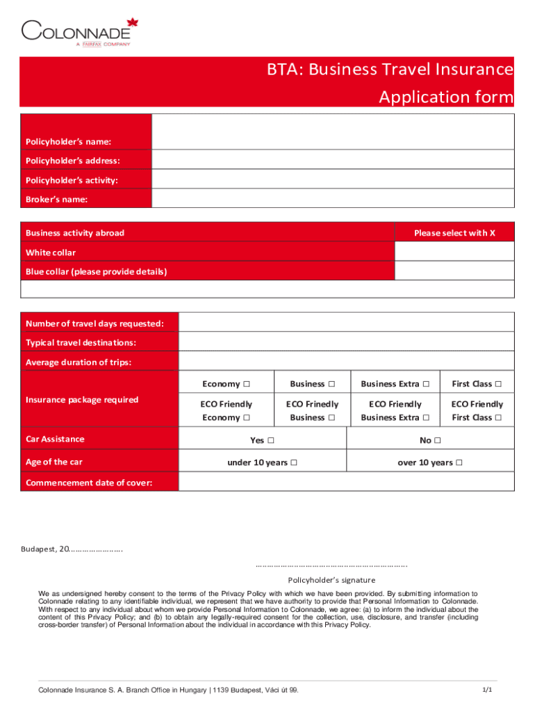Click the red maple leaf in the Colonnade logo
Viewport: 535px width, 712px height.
point(133,23)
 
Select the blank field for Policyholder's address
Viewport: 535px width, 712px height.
point(333,161)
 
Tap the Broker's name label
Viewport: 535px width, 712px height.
point(56,200)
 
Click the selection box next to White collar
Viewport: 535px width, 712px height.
point(454,252)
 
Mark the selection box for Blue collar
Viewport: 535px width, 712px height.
point(454,272)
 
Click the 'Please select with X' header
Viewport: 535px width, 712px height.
point(454,233)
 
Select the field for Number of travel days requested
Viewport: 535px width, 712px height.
point(346,323)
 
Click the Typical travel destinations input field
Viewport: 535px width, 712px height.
point(346,342)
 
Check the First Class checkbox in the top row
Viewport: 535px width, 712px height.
point(498,384)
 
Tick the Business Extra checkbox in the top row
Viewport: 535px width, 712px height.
point(426,384)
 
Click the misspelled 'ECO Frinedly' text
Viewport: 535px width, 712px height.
point(313,404)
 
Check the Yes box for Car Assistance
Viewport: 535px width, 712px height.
point(270,440)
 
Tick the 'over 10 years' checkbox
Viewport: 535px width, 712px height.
point(459,463)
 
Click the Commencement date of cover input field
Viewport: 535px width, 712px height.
point(346,482)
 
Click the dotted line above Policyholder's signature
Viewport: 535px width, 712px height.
point(331,566)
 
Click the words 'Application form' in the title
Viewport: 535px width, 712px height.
point(445,97)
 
